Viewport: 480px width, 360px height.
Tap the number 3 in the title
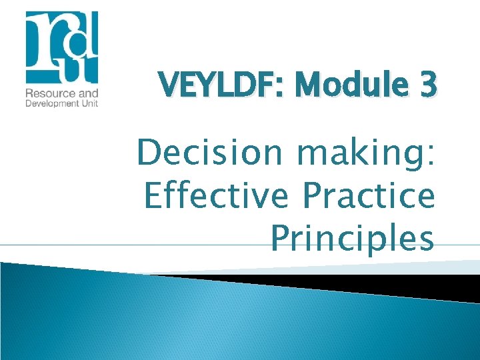coord(429,85)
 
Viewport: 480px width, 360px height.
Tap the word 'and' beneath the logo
coord(87,93)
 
